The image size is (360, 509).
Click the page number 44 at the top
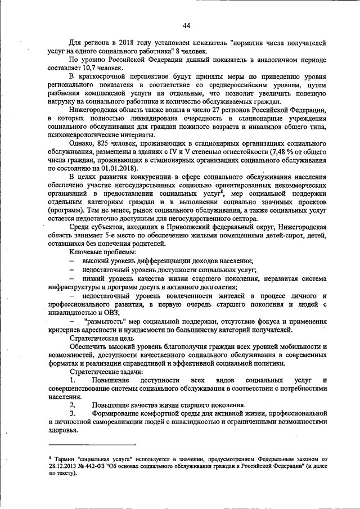[x=186, y=25]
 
